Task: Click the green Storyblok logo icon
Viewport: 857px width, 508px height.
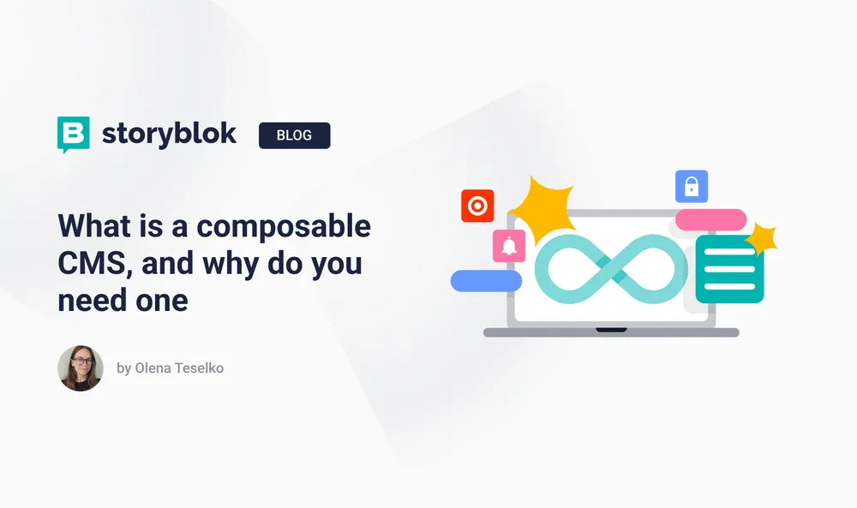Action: point(74,134)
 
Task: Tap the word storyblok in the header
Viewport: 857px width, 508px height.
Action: point(169,134)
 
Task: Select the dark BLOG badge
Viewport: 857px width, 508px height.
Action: point(294,135)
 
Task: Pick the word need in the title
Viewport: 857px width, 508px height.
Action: point(89,300)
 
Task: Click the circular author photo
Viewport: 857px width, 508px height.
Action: point(81,368)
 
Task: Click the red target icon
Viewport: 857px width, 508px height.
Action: point(477,206)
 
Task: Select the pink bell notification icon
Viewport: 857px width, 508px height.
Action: point(509,246)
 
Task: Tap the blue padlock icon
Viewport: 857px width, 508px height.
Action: point(692,186)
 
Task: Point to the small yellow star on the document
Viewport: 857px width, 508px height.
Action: point(761,240)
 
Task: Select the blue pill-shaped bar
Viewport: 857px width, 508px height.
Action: point(486,280)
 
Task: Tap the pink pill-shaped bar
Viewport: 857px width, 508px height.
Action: point(710,219)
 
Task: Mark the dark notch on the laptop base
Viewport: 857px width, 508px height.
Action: point(611,329)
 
